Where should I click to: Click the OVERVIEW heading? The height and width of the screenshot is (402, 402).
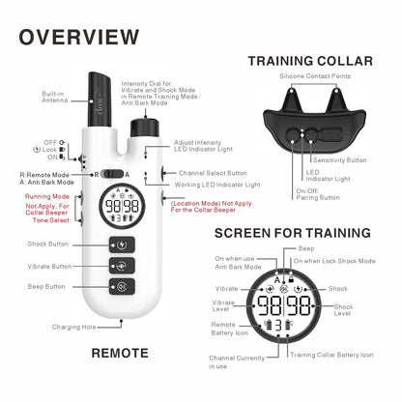(x=79, y=38)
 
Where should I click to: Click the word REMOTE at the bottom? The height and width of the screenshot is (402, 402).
(x=120, y=353)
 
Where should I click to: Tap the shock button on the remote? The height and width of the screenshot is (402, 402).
(x=121, y=245)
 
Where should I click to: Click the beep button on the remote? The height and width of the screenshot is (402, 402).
(x=121, y=286)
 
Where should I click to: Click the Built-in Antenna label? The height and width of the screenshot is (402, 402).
(x=53, y=98)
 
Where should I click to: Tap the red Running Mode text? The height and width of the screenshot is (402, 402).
(x=45, y=196)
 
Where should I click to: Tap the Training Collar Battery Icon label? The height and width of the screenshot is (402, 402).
(x=331, y=356)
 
